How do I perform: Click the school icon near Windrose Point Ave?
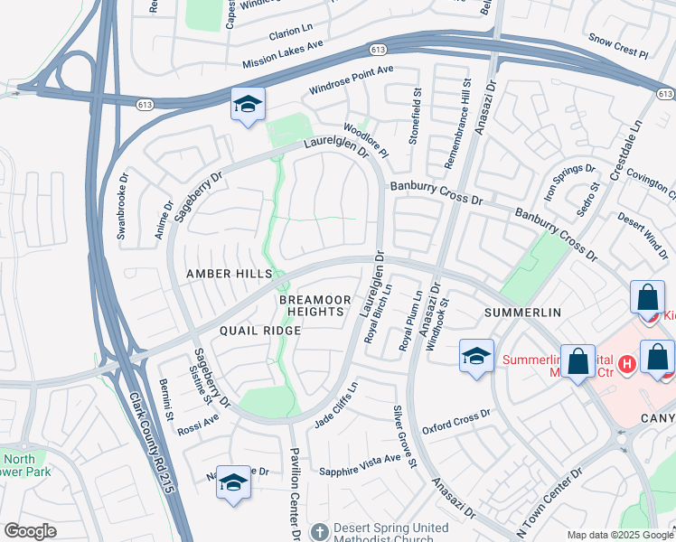coord(246,106)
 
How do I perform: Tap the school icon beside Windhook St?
coord(476,354)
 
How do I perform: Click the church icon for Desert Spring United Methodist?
coord(320,530)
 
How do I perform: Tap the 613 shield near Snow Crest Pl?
coord(665,93)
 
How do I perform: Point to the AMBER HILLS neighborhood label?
coord(229,274)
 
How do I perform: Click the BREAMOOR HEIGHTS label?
coord(312,305)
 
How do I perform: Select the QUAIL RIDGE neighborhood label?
coord(244,331)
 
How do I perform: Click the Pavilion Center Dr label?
coord(295,491)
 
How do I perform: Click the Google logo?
coord(31,531)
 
